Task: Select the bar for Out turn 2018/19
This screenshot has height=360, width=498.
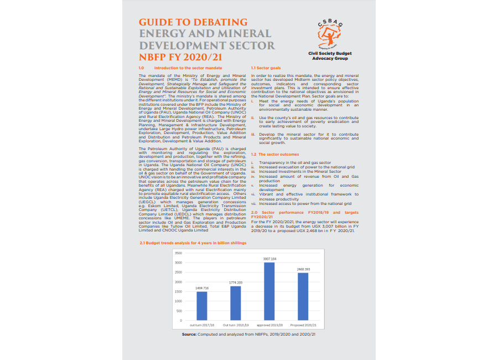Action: [x=235, y=303]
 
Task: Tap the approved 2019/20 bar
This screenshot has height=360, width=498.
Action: [x=269, y=291]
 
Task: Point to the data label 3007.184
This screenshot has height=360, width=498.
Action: [x=269, y=259]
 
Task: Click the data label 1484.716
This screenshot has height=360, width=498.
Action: [x=202, y=289]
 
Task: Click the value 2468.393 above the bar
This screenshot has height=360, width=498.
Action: [x=303, y=269]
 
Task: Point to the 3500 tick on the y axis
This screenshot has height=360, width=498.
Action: [x=178, y=253]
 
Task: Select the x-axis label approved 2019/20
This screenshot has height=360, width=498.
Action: [x=269, y=325]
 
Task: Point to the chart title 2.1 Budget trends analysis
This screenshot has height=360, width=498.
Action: [x=193, y=242]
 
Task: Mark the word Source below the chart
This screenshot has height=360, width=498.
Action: [x=190, y=335]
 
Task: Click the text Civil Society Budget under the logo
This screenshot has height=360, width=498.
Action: [x=330, y=53]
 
